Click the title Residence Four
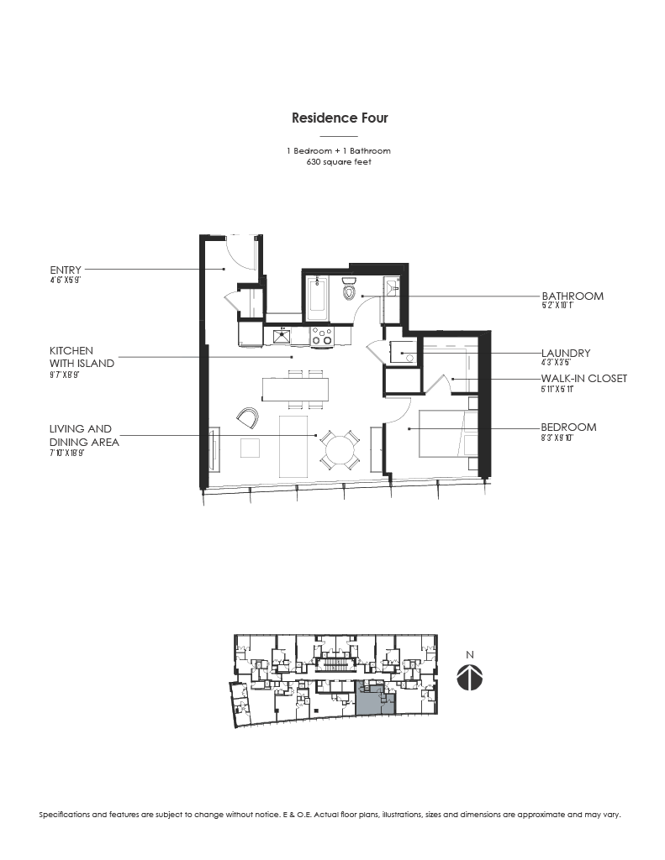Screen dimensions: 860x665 click(340, 118)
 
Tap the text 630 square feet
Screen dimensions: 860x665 click(340, 162)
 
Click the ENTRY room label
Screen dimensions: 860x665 click(66, 270)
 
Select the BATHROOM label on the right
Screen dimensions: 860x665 click(572, 296)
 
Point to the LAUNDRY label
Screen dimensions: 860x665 click(565, 354)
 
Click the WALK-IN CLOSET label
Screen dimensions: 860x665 click(583, 379)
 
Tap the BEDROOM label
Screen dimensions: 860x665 click(568, 427)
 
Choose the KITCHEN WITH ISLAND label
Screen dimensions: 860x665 click(82, 357)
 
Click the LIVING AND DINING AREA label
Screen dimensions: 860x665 click(83, 435)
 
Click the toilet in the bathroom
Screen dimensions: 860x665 click(351, 291)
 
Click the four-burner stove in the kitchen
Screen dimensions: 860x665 click(322, 336)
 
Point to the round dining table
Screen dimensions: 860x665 click(341, 449)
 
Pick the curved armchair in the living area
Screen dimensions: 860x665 click(249, 417)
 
